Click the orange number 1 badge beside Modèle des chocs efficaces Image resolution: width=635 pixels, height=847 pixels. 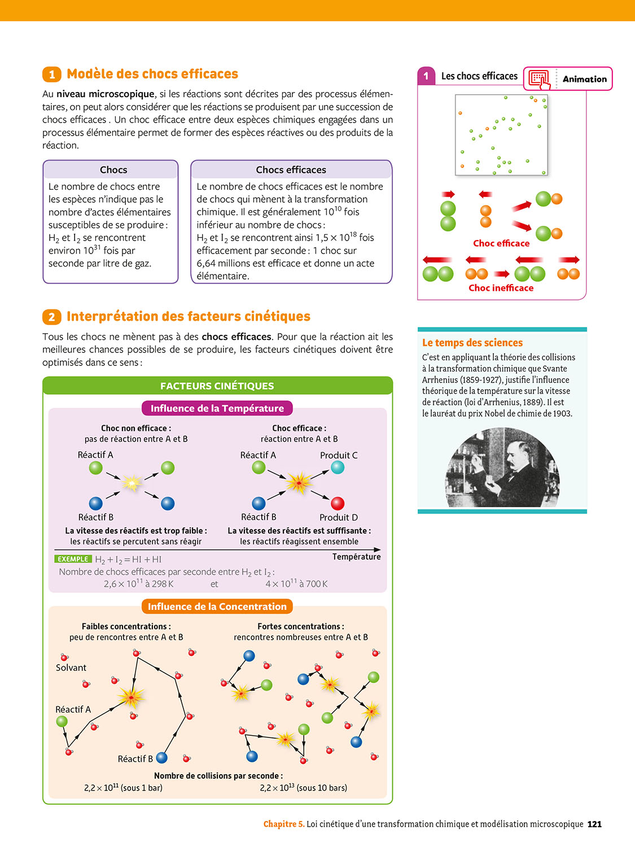[51, 75]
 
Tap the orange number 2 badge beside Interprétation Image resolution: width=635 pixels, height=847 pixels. [51, 317]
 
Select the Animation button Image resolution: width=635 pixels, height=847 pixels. [568, 79]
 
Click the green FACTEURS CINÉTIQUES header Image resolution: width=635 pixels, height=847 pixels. [217, 386]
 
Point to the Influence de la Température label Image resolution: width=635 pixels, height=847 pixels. [217, 408]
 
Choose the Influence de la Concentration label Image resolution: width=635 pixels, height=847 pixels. [217, 606]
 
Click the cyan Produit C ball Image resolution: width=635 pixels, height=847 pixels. [338, 468]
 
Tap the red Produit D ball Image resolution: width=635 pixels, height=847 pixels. [338, 503]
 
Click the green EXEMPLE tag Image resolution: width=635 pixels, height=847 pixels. [73, 559]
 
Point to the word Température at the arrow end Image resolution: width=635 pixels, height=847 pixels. [356, 557]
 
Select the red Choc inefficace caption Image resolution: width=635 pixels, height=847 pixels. [501, 288]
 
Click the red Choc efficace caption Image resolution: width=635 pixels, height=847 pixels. [501, 243]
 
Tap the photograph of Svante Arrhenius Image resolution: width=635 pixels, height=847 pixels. [503, 467]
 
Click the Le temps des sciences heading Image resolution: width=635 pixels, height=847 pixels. [472, 343]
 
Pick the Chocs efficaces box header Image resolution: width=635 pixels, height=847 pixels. [291, 170]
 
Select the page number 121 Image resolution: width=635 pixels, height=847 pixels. [594, 824]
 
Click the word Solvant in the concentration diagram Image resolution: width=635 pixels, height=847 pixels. [71, 667]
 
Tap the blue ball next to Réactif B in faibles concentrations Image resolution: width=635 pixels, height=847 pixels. [162, 757]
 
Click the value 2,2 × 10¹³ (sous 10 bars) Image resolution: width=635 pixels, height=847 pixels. [303, 788]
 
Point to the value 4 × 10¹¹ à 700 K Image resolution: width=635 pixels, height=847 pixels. [296, 584]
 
